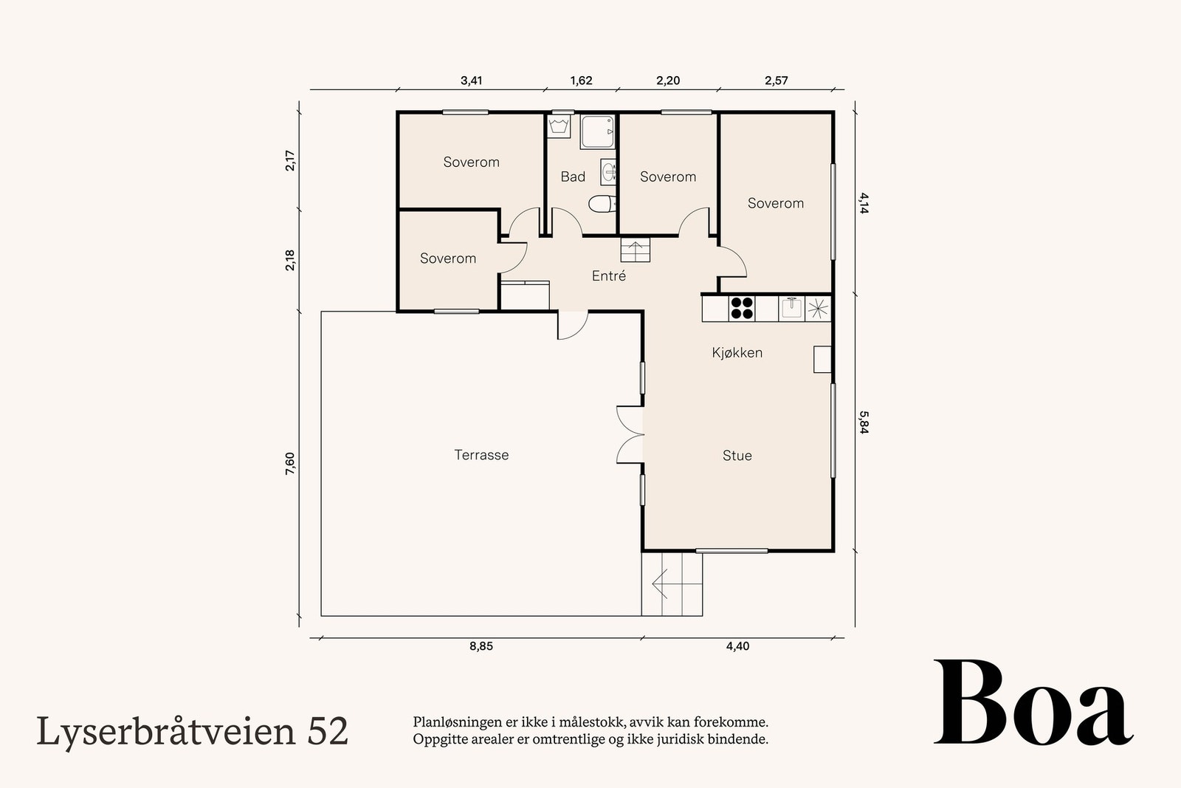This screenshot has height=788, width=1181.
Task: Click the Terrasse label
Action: pos(481,455)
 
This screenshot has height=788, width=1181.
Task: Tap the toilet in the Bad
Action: pos(602,203)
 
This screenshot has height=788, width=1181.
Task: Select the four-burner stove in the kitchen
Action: pos(742,308)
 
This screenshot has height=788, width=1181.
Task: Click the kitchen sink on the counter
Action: pos(791,307)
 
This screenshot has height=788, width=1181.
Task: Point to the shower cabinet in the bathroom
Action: pos(597,132)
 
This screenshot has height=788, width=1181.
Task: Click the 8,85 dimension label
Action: pos(481,646)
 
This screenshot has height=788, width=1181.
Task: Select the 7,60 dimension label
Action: pos(289,465)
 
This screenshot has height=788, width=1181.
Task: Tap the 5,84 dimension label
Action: pos(864,422)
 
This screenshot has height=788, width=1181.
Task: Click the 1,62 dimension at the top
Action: pos(581,80)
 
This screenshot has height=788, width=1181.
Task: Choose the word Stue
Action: pos(737,456)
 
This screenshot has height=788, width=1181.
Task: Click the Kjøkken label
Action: pos(737,352)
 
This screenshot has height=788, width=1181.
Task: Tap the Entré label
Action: pos(608,276)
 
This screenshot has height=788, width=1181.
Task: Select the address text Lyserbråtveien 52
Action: pos(192,730)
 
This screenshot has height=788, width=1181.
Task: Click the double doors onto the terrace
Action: pos(630,435)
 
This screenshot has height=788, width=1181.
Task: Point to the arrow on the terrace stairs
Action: pos(661,583)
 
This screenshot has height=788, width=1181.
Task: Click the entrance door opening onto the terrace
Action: pos(571,325)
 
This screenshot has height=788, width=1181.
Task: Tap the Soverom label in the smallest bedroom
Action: pos(447,258)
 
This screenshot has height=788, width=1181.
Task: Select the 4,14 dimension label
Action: pos(864,202)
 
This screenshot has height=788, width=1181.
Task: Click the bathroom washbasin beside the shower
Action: pos(608,173)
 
